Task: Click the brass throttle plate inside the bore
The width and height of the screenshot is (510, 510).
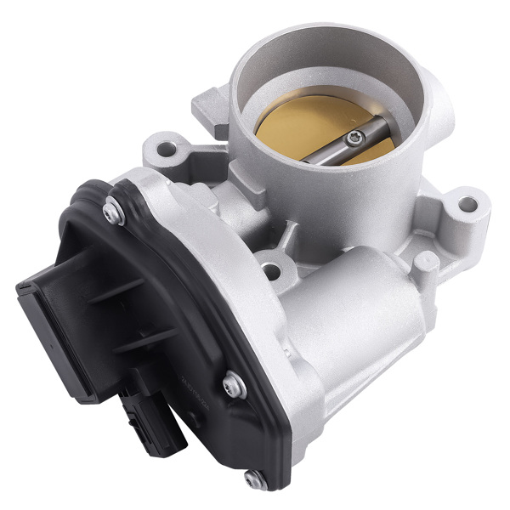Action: click(293, 127)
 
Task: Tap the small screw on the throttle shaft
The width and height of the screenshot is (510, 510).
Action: click(358, 135)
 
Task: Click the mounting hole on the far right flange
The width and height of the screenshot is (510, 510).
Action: click(467, 204)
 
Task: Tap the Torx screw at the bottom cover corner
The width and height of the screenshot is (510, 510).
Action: click(253, 479)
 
